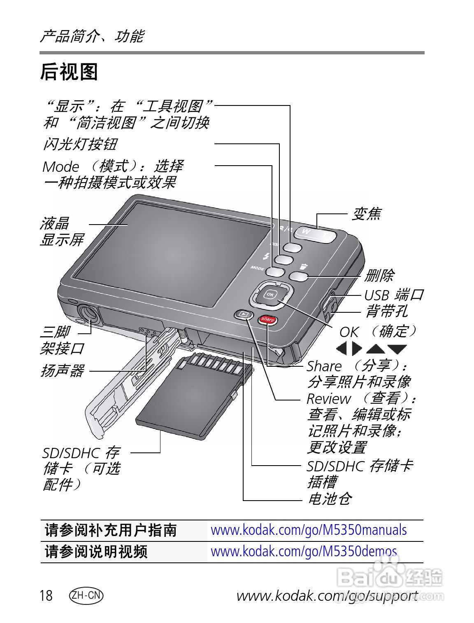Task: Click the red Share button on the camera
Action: click(x=268, y=319)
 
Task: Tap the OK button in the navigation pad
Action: click(x=270, y=294)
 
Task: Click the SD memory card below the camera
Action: click(x=193, y=396)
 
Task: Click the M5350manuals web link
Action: click(x=309, y=530)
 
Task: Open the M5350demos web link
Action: click(x=304, y=552)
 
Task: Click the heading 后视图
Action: click(x=69, y=72)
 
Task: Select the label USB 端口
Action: click(x=393, y=295)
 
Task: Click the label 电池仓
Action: click(x=330, y=499)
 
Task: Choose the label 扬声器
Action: click(x=62, y=371)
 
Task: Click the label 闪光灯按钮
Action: click(x=81, y=144)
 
